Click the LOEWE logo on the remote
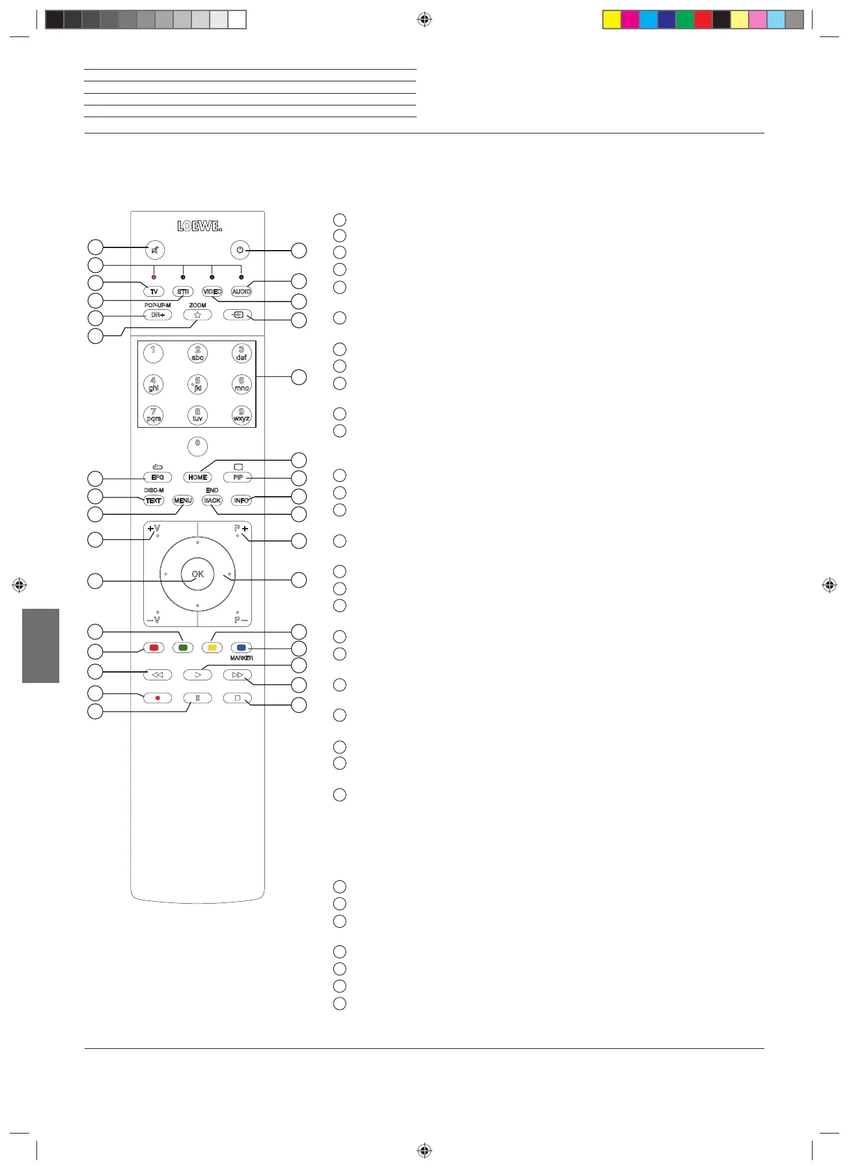tap(199, 226)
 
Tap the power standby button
tap(240, 250)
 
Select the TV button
tap(154, 292)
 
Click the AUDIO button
tap(241, 292)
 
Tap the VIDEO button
tap(212, 292)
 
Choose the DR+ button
tap(158, 315)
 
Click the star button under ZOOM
tap(197, 315)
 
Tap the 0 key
tap(197, 445)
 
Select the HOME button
tap(197, 477)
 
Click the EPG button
tap(158, 477)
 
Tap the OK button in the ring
tap(197, 574)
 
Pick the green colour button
tap(183, 648)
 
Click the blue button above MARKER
tap(241, 648)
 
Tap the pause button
tap(197, 698)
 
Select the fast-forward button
tap(237, 675)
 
